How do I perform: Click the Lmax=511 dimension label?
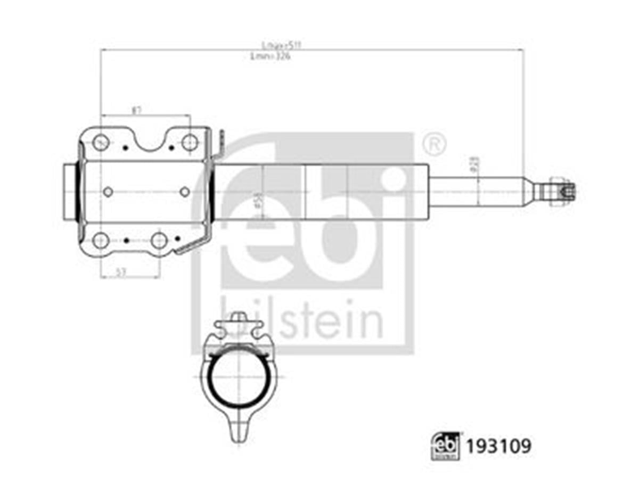click(282, 45)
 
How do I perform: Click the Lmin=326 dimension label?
click(270, 56)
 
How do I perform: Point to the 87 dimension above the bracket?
click(136, 110)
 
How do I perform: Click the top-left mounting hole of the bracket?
click(100, 142)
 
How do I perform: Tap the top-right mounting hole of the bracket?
click(190, 142)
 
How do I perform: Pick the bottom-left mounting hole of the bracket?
click(100, 241)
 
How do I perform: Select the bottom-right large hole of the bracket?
click(159, 241)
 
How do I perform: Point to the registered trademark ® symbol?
click(434, 144)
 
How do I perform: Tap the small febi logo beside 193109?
click(445, 446)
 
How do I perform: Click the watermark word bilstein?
click(302, 320)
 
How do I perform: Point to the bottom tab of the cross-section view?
click(238, 428)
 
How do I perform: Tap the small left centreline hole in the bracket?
click(108, 192)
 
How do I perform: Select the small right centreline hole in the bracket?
click(184, 192)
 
